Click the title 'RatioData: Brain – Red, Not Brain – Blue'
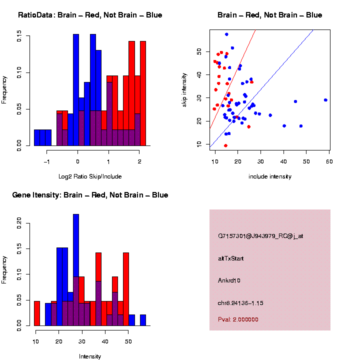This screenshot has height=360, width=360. tap(90, 15)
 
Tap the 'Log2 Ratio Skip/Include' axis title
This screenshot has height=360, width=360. tap(90, 176)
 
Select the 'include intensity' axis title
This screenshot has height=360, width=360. tap(270, 176)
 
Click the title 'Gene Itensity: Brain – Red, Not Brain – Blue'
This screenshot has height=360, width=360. tap(90, 195)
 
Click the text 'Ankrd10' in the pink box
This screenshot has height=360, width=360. tap(229, 280)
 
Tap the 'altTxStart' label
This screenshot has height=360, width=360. tap(231, 258)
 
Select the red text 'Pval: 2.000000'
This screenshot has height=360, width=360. tap(238, 319)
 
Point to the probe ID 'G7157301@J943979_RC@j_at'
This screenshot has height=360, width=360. tap(260, 236)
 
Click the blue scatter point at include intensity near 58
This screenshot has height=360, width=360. tap(325, 100)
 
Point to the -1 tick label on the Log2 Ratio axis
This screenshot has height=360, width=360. tap(46, 161)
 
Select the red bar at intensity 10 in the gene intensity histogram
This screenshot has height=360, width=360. tap(37, 313)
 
